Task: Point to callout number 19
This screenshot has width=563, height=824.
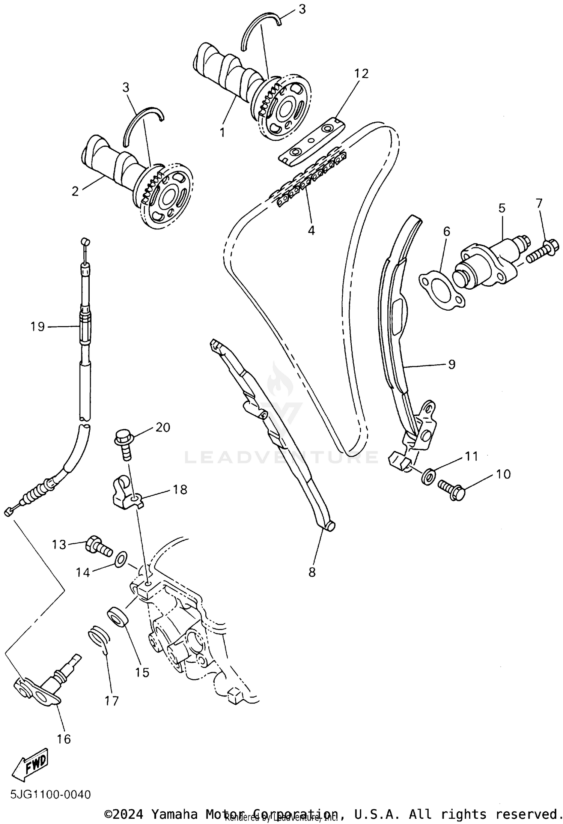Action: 38,326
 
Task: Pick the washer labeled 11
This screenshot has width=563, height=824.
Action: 429,475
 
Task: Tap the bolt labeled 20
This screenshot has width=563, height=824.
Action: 123,444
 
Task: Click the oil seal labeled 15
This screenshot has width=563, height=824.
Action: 118,618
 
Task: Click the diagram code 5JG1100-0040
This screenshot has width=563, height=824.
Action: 51,794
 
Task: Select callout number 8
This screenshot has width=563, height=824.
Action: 312,572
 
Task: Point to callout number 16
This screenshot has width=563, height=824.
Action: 64,739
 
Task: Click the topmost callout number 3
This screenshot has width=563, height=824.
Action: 303,10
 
